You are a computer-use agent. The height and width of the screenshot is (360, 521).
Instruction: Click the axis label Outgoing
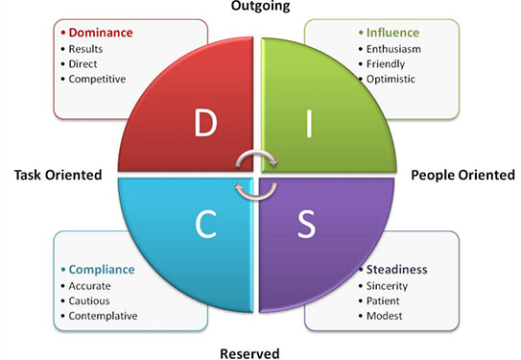[260, 6]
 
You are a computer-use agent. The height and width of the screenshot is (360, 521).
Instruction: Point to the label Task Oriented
[59, 176]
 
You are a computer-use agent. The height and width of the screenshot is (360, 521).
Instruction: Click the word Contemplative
[103, 315]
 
